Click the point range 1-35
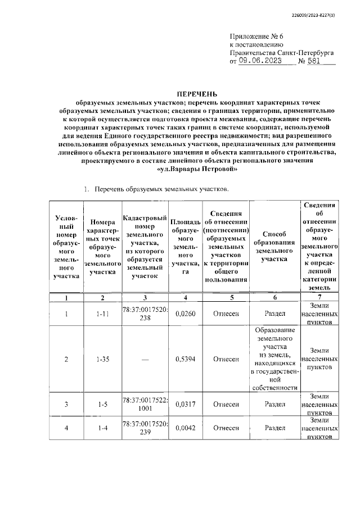pyautogui.click(x=102, y=359)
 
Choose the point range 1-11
pyautogui.click(x=102, y=314)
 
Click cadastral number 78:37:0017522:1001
pyautogui.click(x=145, y=404)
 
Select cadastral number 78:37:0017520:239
pyautogui.click(x=145, y=428)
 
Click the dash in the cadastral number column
pyautogui.click(x=145, y=359)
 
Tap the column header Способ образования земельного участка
pyautogui.click(x=274, y=247)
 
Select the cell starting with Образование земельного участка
pyautogui.click(x=274, y=359)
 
